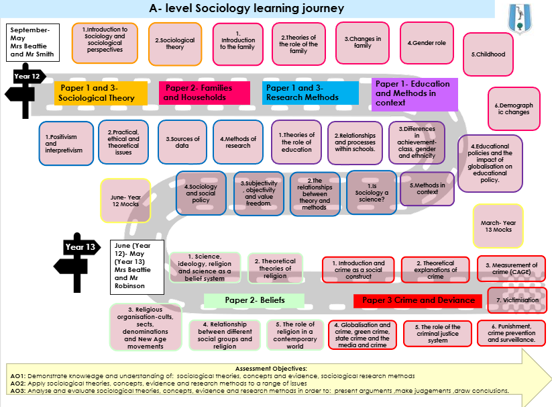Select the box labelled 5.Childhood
click(x=488, y=54)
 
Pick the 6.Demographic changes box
click(x=513, y=109)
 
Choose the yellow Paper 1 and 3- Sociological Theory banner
click(x=97, y=93)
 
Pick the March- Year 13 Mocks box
click(x=498, y=226)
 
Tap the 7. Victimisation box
click(x=512, y=300)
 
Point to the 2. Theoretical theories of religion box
click(x=274, y=269)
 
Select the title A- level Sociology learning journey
click(x=247, y=9)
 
